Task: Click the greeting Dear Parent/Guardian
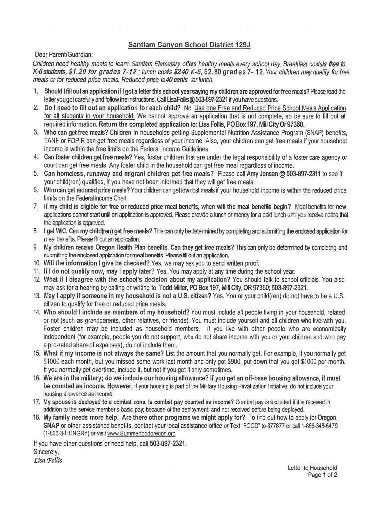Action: click(64, 54)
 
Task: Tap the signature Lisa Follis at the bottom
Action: click(49, 459)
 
